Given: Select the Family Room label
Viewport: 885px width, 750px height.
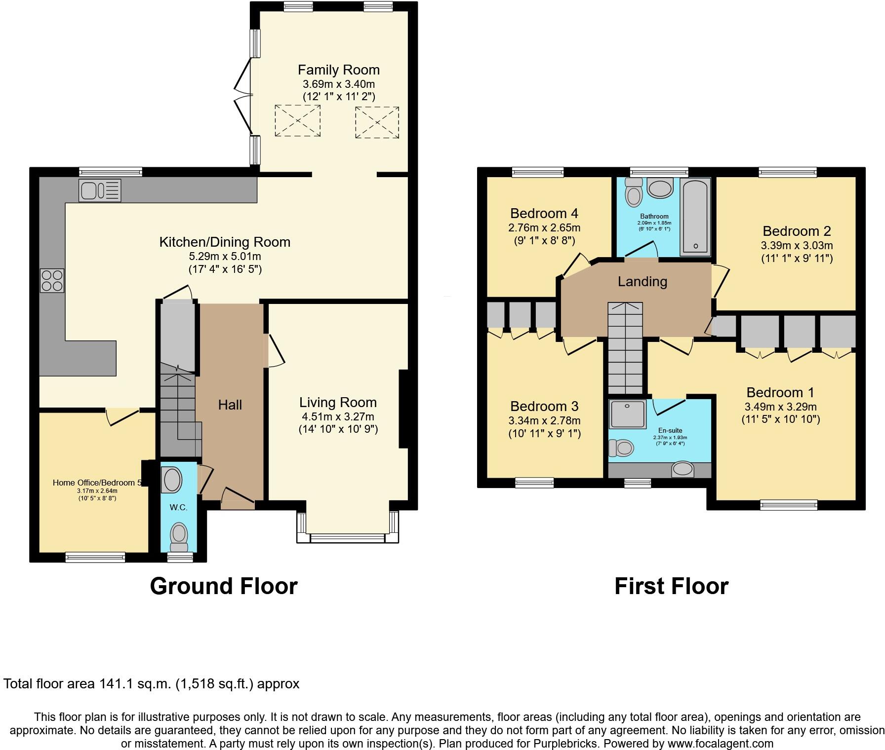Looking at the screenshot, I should click(x=338, y=70).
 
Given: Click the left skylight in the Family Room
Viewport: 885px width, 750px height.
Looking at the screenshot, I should click(x=297, y=120).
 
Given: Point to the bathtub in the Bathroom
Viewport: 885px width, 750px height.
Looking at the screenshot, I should click(x=695, y=217).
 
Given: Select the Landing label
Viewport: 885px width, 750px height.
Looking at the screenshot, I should click(x=642, y=282).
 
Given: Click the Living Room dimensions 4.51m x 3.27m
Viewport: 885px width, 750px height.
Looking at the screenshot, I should click(x=338, y=417).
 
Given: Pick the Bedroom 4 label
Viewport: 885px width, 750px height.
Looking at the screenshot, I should click(x=544, y=214).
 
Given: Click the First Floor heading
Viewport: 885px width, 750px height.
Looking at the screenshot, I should click(x=671, y=586).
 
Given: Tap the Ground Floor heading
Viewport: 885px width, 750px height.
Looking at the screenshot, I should click(x=223, y=586).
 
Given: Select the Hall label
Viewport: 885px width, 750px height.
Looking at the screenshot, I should click(x=230, y=405).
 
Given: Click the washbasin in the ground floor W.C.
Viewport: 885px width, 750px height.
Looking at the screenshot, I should click(x=172, y=480).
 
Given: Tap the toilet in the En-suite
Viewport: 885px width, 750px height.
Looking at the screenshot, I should click(x=621, y=448).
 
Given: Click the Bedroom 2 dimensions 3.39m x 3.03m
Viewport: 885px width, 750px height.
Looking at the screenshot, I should click(x=796, y=246).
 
